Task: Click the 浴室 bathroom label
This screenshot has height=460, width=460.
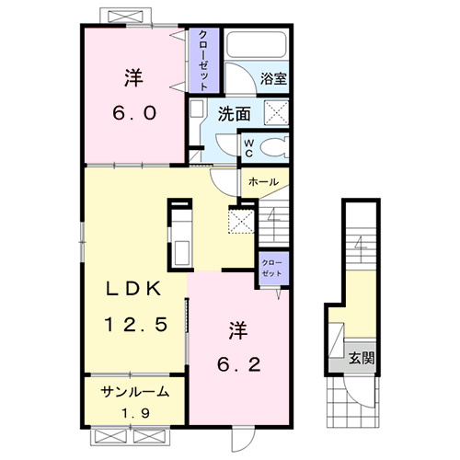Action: click(x=273, y=79)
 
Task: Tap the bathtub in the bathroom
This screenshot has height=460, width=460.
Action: click(x=257, y=44)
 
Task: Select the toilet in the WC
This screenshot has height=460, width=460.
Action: click(x=274, y=147)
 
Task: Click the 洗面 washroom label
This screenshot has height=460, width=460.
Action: click(x=235, y=114)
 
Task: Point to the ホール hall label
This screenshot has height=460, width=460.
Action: click(x=263, y=182)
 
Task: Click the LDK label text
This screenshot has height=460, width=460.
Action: click(x=133, y=289)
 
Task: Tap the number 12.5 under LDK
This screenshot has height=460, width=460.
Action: click(x=136, y=324)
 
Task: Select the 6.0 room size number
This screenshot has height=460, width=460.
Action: click(x=134, y=113)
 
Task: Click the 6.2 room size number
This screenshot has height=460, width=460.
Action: click(x=239, y=364)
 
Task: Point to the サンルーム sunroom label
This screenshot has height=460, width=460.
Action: click(x=135, y=392)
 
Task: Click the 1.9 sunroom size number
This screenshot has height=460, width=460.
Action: click(x=136, y=413)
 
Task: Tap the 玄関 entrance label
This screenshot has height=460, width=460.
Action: click(x=362, y=358)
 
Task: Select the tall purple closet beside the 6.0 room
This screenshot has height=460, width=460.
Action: click(x=204, y=60)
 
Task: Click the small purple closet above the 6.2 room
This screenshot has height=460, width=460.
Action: click(x=274, y=269)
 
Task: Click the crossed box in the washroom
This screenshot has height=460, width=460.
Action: click(x=276, y=112)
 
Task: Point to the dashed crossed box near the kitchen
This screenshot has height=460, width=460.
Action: click(x=241, y=220)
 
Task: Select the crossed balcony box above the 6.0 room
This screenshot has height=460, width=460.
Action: click(x=126, y=16)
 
